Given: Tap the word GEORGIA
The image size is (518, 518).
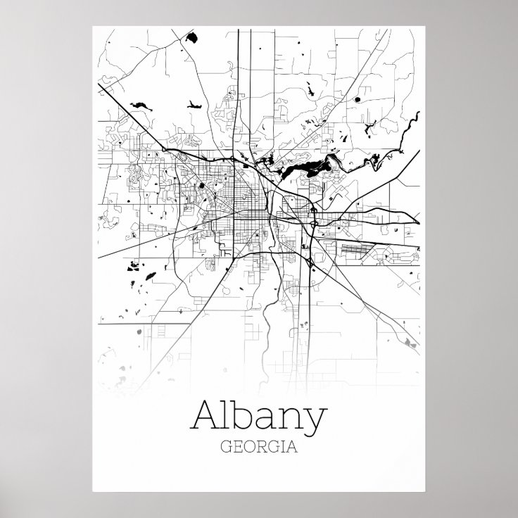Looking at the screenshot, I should click(258, 447).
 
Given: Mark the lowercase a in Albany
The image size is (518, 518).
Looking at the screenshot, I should click(265, 421).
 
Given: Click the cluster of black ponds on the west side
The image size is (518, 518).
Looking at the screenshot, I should click(134, 267).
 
